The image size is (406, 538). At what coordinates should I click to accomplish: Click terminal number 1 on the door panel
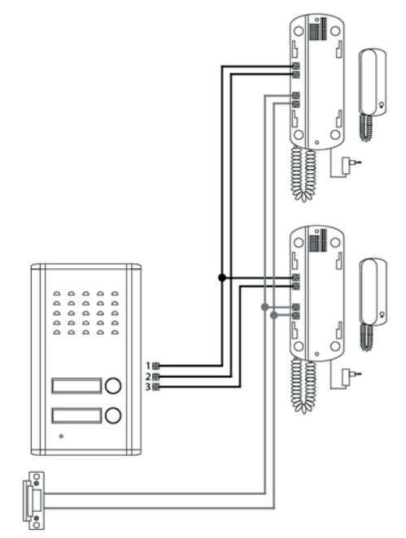pyautogui.click(x=156, y=366)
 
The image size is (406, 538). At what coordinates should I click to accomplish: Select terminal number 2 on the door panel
pyautogui.click(x=156, y=376)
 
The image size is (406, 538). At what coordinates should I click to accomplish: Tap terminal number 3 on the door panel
pyautogui.click(x=156, y=387)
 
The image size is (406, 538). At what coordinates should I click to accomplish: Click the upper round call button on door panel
pyautogui.click(x=113, y=385)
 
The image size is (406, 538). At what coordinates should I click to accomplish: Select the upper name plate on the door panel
pyautogui.click(x=76, y=386)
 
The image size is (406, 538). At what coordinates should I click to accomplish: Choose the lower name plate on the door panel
pyautogui.click(x=76, y=415)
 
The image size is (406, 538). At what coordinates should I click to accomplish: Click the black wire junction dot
pyautogui.click(x=222, y=278)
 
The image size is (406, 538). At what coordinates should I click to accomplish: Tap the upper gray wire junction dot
pyautogui.click(x=264, y=306)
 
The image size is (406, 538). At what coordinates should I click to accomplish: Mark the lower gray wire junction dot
pyautogui.click(x=273, y=315)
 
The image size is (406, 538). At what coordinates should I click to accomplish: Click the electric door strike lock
pyautogui.click(x=34, y=501)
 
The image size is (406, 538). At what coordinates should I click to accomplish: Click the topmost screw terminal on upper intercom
pyautogui.click(x=295, y=66)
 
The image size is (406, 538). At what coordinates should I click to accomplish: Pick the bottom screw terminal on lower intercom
pyautogui.click(x=295, y=315)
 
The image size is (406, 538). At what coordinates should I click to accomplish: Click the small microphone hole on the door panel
pyautogui.click(x=61, y=436)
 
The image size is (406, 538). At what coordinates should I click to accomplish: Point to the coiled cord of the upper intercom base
pyautogui.click(x=303, y=174)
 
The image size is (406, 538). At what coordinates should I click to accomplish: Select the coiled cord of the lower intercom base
pyautogui.click(x=303, y=386)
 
